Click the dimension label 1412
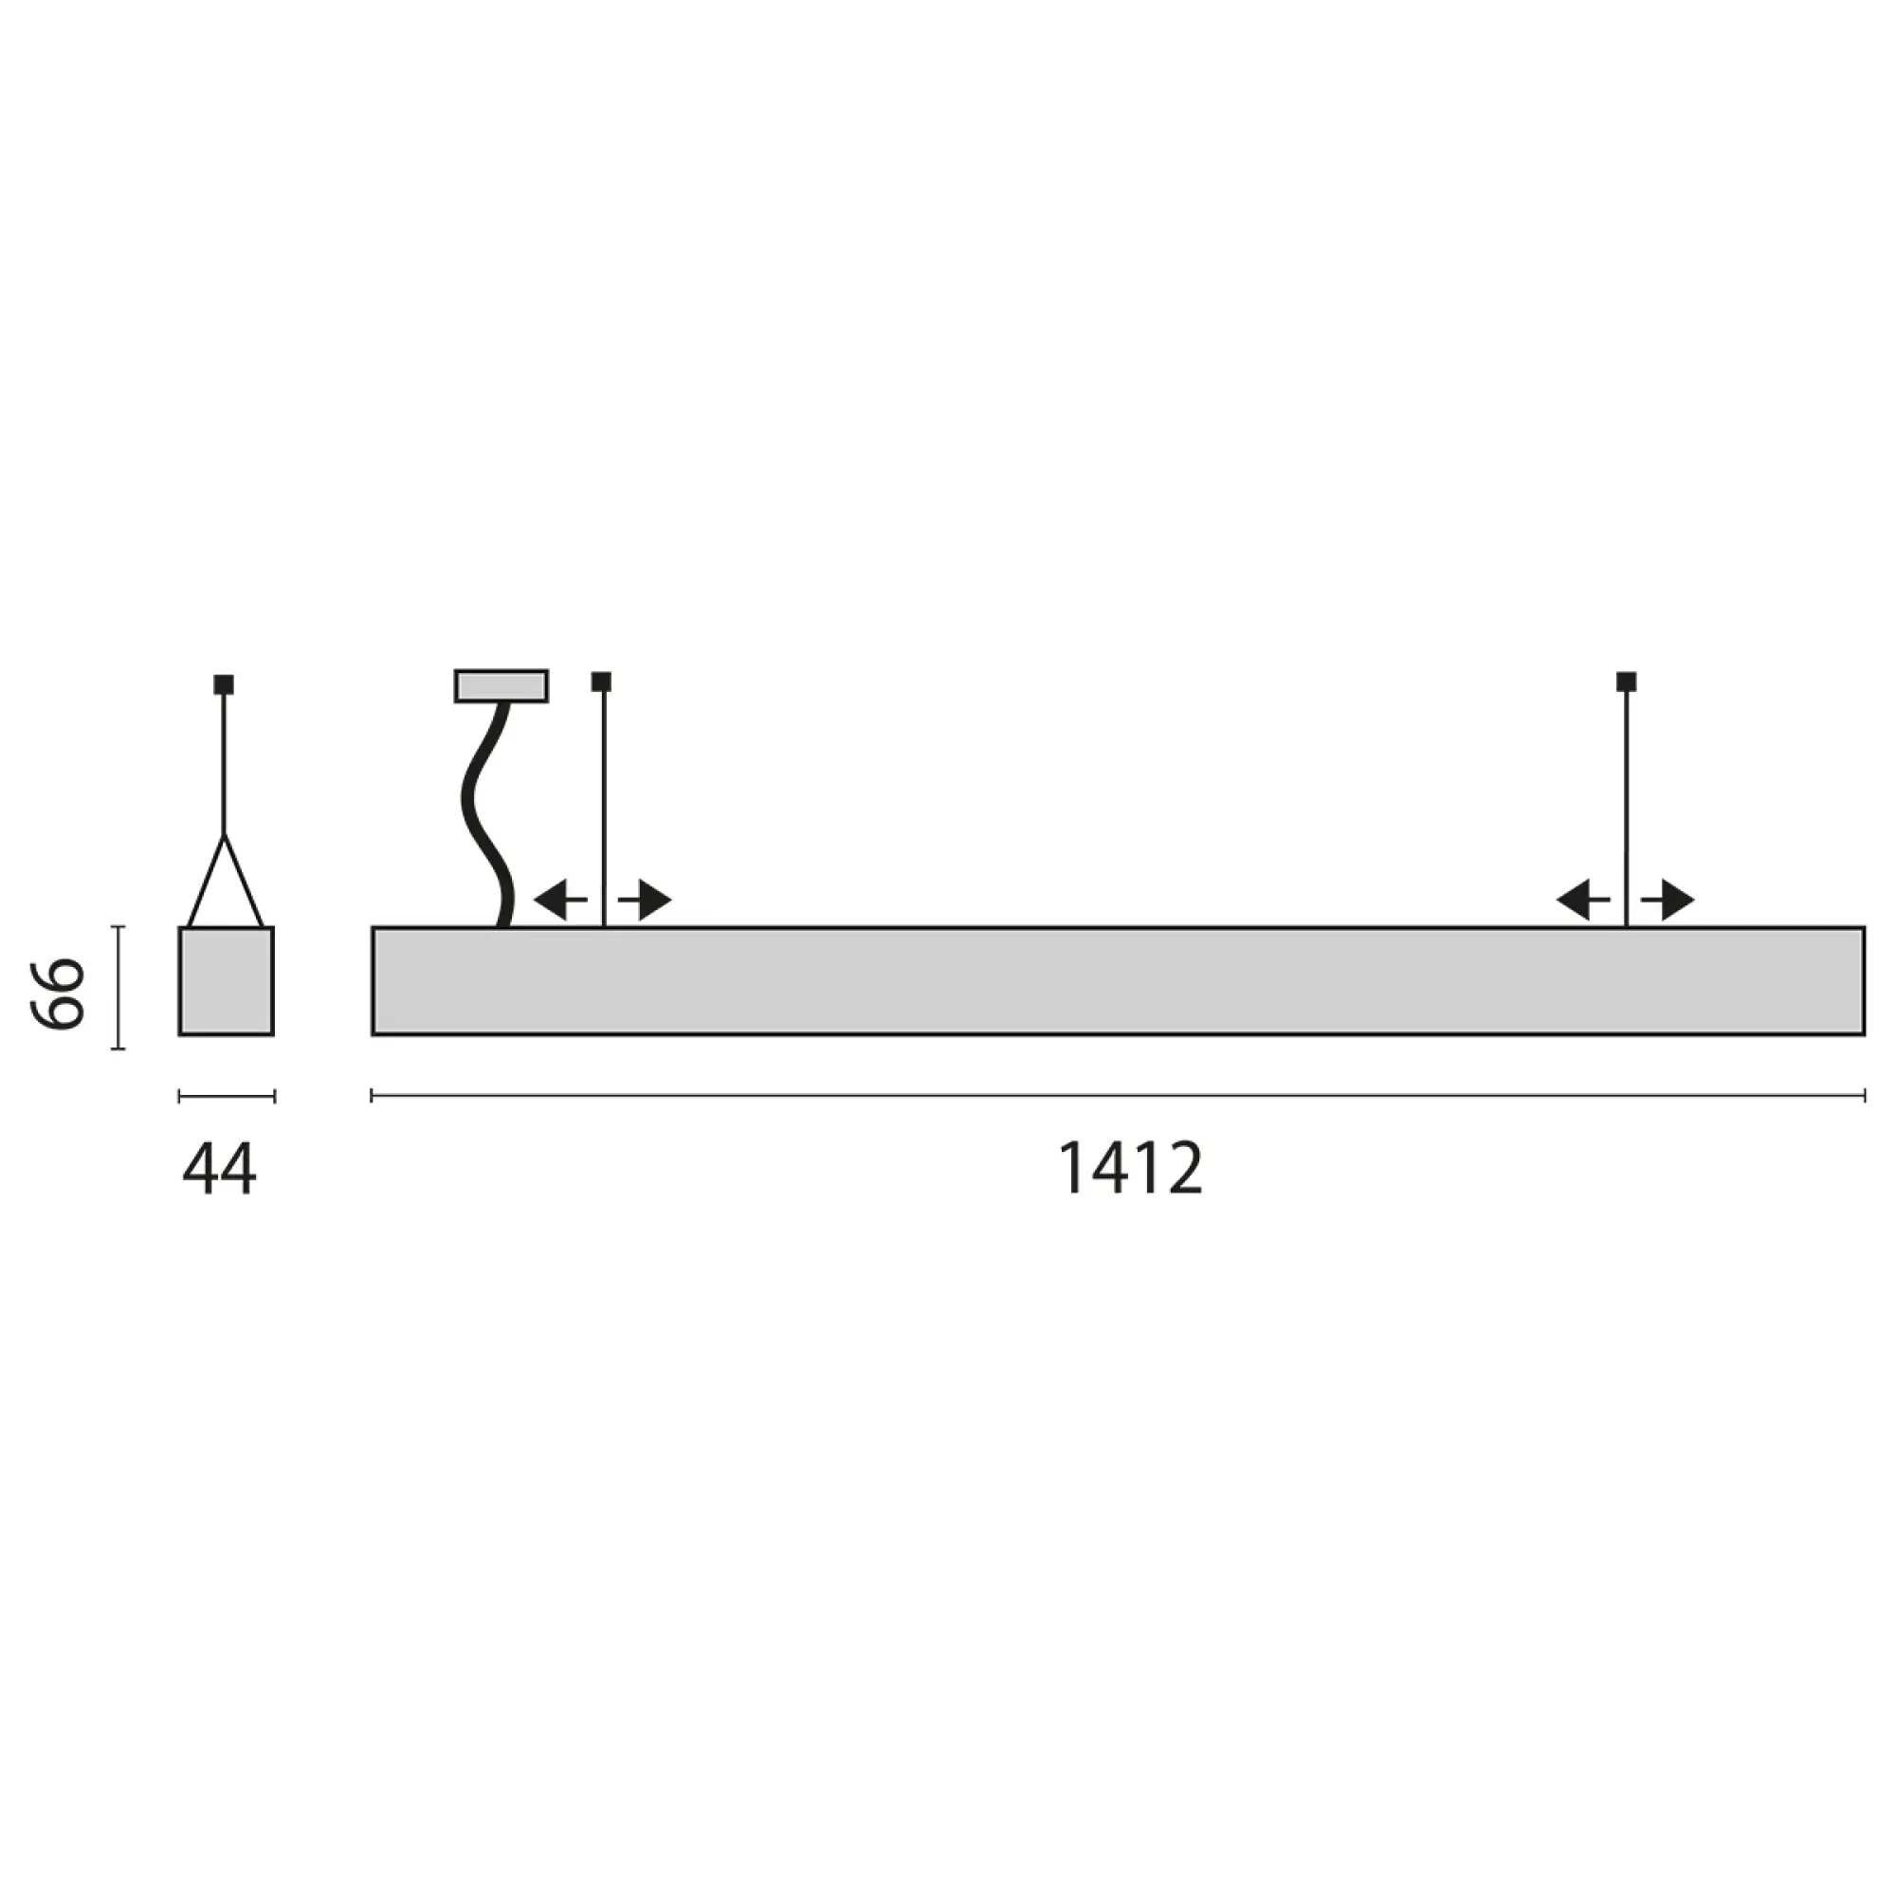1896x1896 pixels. (1130, 1168)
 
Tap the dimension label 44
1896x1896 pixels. (219, 1169)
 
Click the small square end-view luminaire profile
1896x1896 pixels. (226, 980)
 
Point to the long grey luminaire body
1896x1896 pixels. (1117, 980)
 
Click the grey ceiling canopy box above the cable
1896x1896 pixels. (501, 686)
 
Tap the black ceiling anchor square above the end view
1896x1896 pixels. (224, 684)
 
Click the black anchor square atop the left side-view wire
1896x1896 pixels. (602, 681)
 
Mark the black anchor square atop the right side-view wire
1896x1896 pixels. (1626, 681)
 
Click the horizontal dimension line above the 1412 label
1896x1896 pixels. (1117, 1095)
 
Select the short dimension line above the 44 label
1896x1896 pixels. (226, 1096)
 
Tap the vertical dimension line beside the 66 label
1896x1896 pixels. (118, 986)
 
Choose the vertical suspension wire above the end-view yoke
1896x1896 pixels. (224, 765)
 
